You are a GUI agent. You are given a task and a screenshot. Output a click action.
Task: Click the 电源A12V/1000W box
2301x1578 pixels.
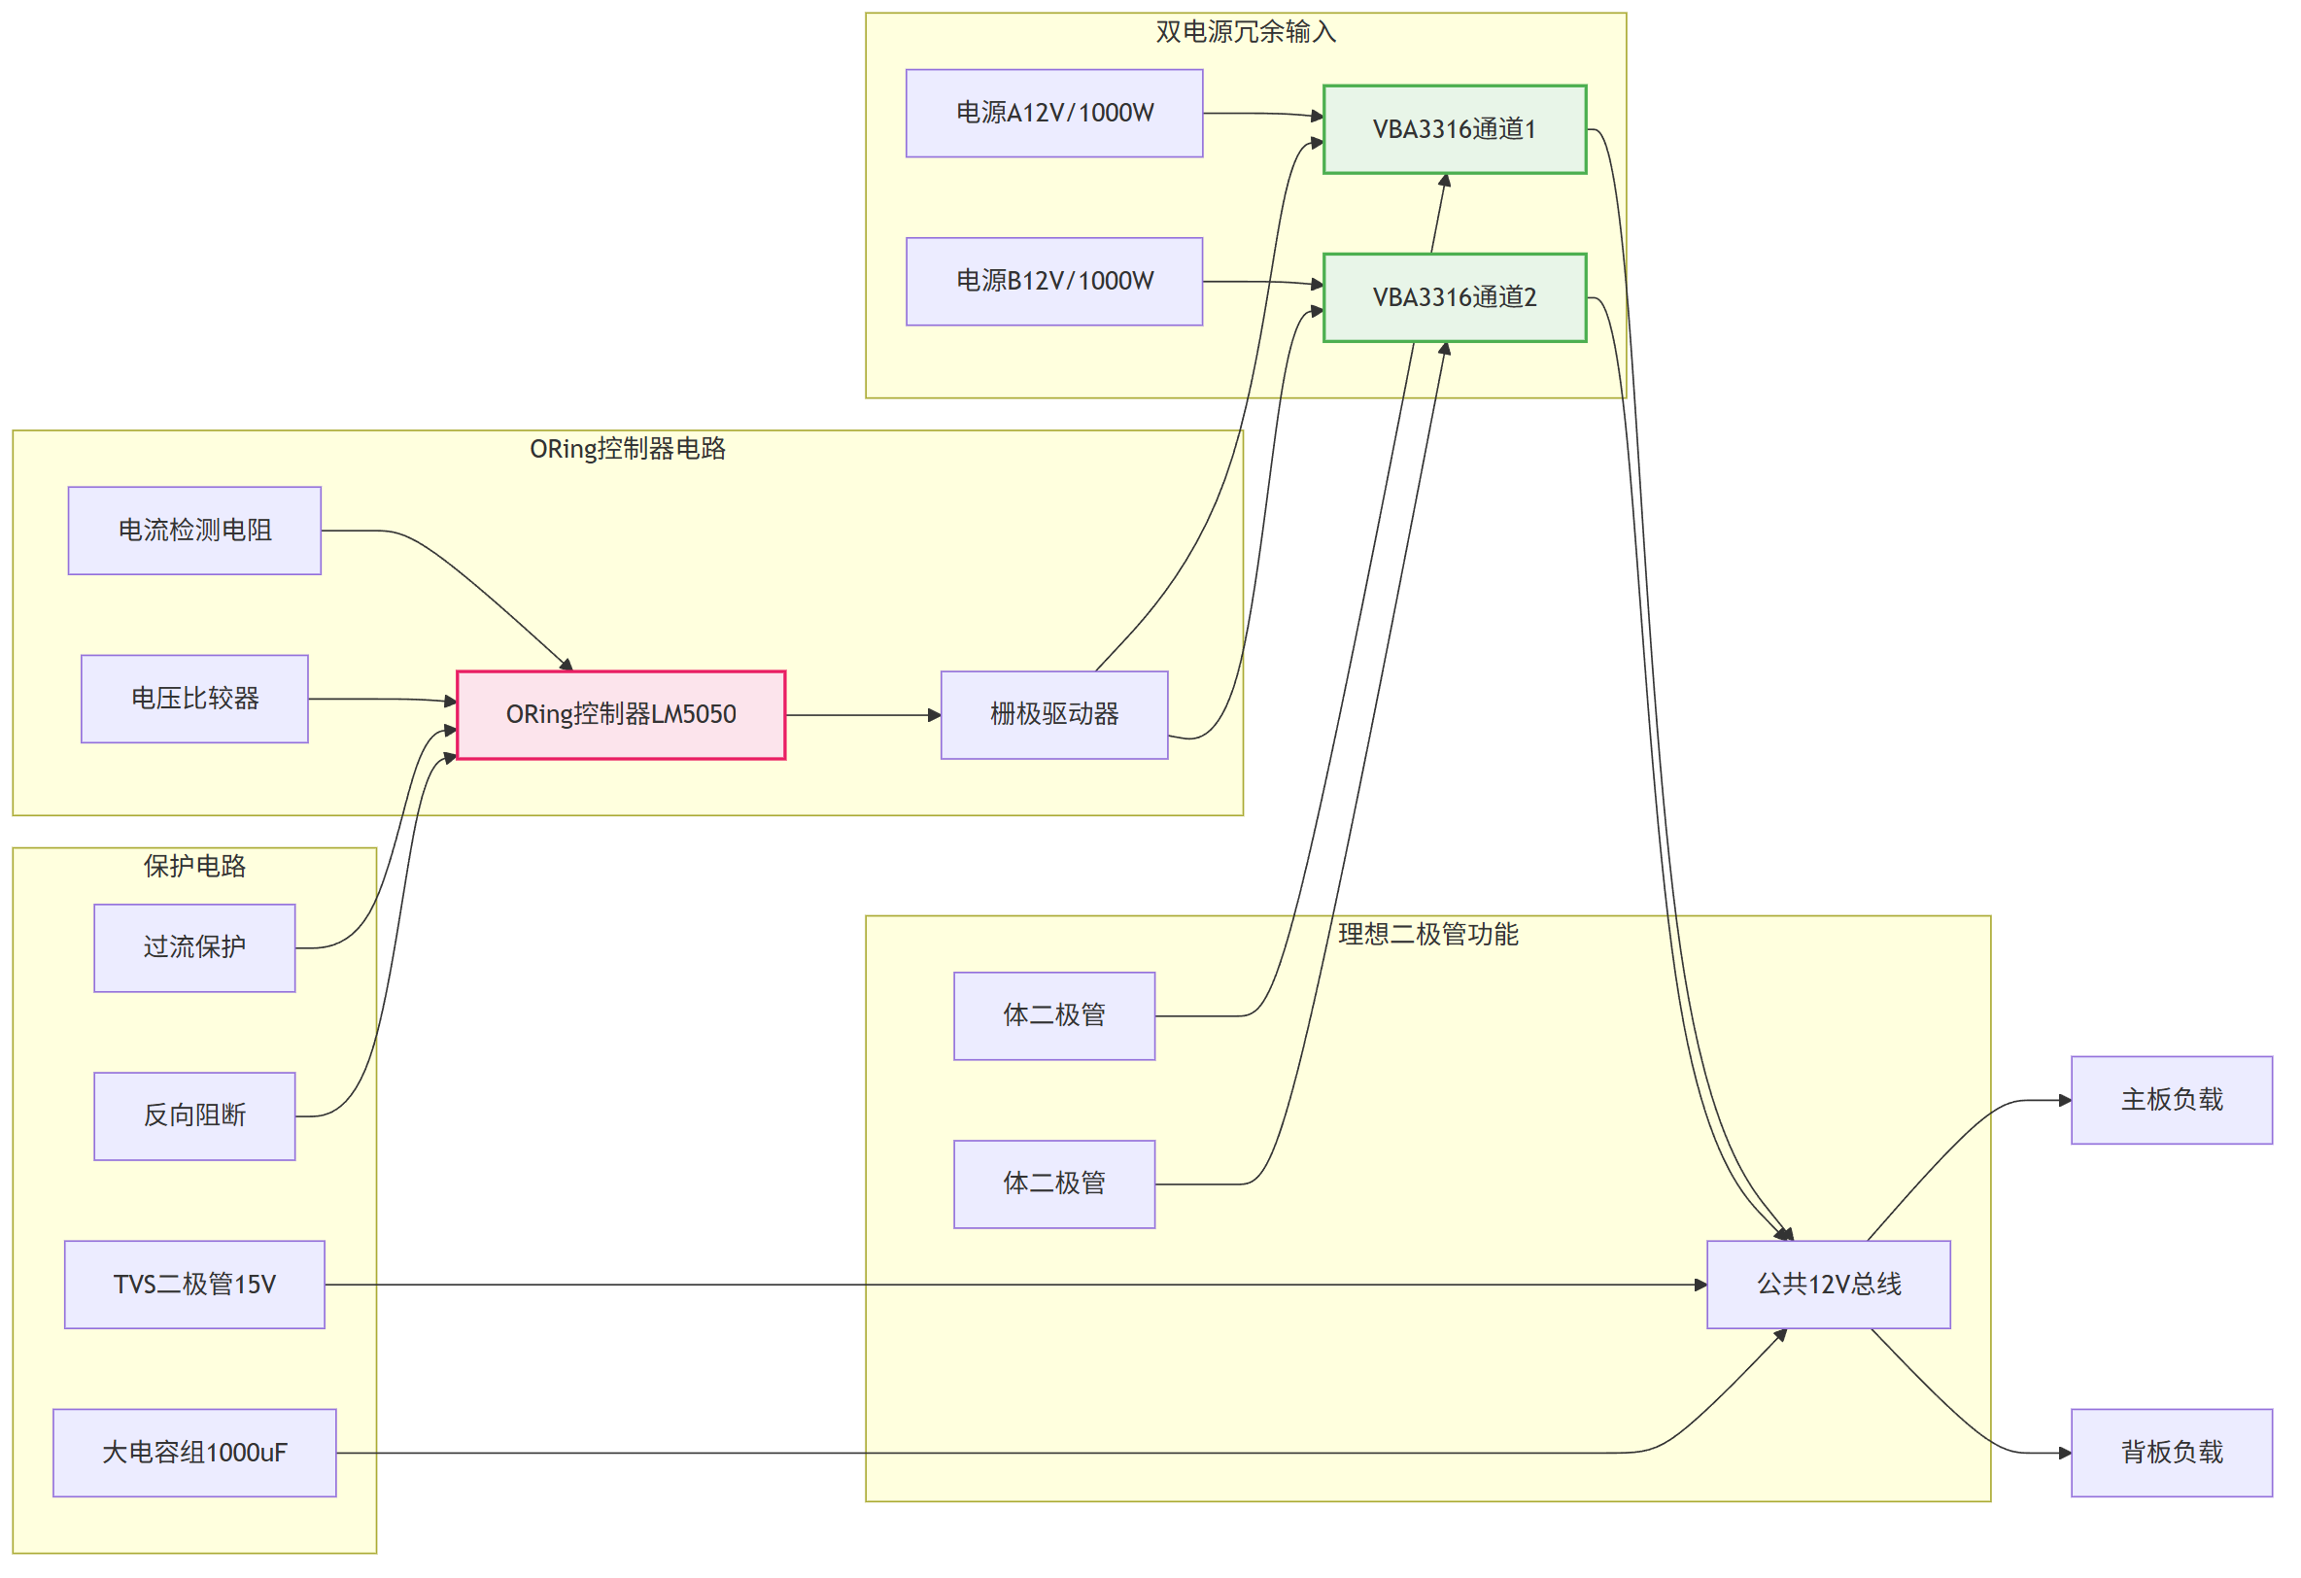click(1054, 113)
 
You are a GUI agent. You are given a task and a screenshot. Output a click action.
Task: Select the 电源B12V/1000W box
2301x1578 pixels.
click(1054, 281)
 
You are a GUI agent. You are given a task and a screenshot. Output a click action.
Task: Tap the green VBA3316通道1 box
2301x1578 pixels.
click(1455, 129)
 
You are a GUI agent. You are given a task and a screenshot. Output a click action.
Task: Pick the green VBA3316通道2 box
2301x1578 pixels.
click(1455, 298)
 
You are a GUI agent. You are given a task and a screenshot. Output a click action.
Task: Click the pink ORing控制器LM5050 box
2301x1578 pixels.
click(621, 715)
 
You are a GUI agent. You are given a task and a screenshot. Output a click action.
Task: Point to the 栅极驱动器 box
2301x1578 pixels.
click(1054, 715)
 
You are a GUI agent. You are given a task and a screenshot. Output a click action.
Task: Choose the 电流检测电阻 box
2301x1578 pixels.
click(195, 531)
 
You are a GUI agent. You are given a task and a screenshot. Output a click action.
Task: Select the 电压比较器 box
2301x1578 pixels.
click(195, 699)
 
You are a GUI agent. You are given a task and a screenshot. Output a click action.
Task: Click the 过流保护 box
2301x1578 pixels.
click(195, 948)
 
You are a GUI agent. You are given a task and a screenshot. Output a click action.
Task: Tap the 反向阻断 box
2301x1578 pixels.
click(195, 1116)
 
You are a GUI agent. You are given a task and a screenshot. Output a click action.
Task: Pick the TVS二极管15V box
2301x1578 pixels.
click(195, 1285)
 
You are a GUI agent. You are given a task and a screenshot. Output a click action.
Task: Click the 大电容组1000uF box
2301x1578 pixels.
click(195, 1454)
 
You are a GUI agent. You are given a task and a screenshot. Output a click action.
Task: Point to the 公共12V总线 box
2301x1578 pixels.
click(1829, 1285)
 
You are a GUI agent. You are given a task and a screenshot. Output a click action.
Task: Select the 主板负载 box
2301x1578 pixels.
click(2173, 1101)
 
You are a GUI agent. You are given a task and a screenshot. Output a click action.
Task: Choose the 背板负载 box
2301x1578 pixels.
click(2173, 1454)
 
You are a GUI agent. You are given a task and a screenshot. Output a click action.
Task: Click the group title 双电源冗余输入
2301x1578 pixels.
click(1246, 33)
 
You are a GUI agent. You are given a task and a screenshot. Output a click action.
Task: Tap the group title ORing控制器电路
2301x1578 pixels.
click(628, 450)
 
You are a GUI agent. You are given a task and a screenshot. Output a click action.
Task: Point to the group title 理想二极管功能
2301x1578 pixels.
click(1427, 935)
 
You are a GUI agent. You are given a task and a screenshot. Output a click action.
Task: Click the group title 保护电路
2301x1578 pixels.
click(195, 866)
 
